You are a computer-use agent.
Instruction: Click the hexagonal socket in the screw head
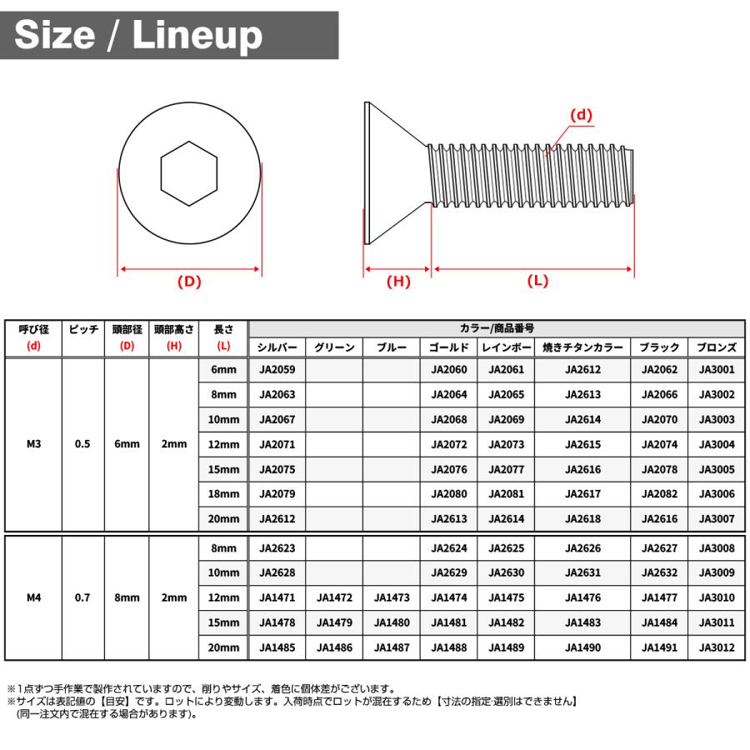190,173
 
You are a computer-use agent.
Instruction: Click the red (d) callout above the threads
581,115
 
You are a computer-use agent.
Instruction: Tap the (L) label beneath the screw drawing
538,281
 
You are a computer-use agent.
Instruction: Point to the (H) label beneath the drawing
398,282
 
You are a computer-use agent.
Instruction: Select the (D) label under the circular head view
190,282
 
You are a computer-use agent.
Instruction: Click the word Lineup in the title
198,35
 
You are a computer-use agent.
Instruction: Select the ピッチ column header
83,330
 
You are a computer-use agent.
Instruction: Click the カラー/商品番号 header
497,329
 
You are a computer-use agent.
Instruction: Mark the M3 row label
34,444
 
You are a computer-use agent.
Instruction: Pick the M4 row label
34,597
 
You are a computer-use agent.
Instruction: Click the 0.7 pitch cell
82,597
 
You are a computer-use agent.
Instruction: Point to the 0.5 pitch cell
82,444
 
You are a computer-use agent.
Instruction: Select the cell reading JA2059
277,370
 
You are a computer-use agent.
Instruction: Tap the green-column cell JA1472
335,597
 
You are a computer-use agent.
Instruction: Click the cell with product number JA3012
717,647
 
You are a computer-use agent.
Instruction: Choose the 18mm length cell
223,494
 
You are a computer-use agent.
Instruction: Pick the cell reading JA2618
582,519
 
